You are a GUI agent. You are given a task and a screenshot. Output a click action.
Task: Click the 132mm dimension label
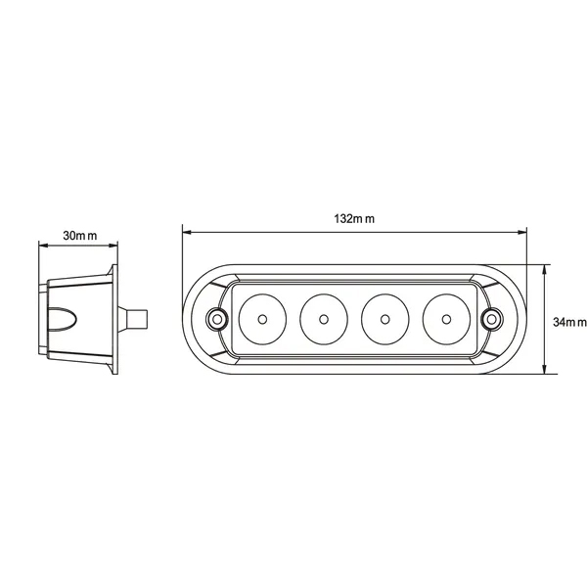tap(354, 218)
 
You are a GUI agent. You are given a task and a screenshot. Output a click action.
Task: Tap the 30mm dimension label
tap(80, 236)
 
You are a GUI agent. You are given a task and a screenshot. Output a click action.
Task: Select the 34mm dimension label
tap(569, 322)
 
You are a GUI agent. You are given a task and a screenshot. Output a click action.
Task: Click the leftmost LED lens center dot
tap(262, 319)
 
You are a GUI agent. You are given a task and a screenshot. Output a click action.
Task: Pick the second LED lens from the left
tap(324, 319)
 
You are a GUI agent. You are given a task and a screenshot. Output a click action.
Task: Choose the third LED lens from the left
tap(384, 319)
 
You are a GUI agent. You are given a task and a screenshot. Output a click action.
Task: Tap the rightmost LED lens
tap(446, 319)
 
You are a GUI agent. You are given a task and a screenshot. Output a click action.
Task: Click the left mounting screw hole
tap(217, 319)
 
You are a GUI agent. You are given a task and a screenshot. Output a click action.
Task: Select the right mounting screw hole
tap(492, 319)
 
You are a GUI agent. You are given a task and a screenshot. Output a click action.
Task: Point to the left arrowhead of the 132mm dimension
tap(187, 233)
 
